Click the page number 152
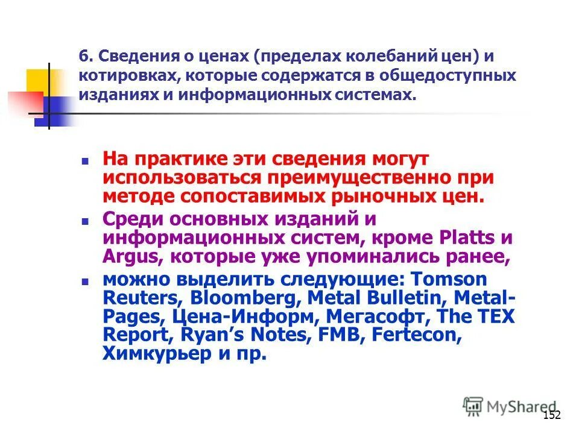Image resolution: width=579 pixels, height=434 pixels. point(552,415)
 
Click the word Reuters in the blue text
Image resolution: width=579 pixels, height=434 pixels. point(143,297)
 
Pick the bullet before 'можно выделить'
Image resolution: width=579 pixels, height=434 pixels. point(85,281)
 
